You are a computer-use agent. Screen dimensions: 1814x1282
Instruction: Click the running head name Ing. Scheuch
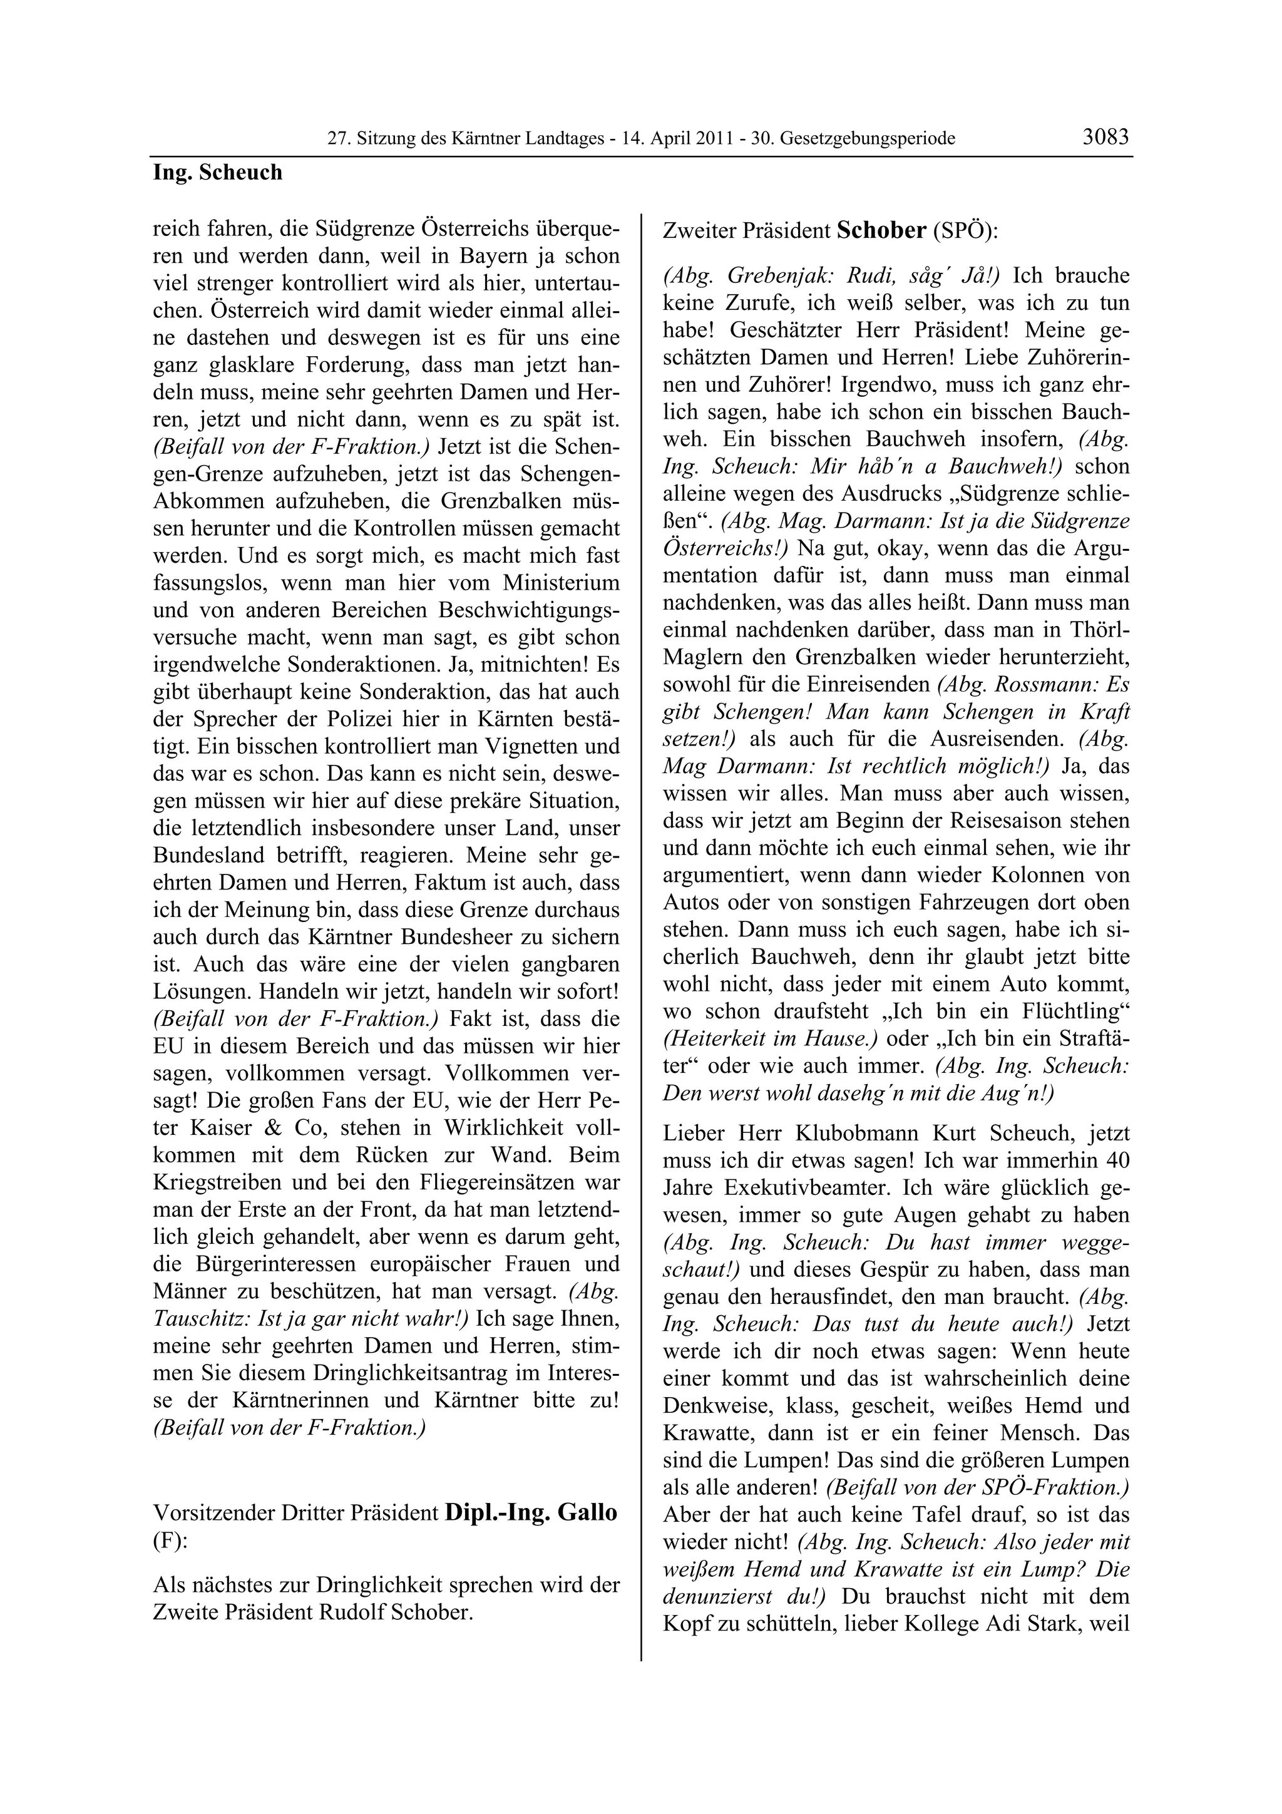[217, 172]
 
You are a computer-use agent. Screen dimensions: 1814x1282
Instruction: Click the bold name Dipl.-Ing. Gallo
[531, 1512]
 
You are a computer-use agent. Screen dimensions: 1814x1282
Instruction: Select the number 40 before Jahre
[1118, 1161]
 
